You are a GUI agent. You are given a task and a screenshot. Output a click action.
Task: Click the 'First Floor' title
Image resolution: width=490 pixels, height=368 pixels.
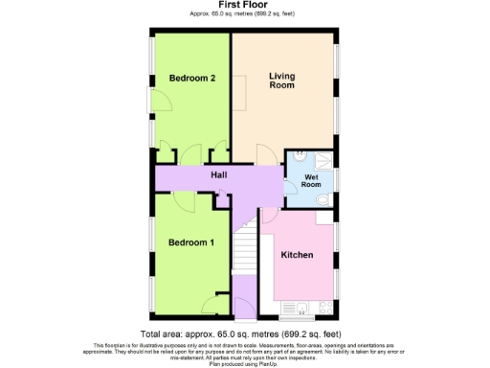coord(244,6)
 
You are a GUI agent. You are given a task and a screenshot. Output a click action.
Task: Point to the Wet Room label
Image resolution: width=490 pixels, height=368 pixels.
coord(310,180)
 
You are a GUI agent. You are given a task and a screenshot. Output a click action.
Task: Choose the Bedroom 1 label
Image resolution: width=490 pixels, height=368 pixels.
coord(190,242)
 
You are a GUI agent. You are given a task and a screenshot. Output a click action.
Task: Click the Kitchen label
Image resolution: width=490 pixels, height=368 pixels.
coord(298,256)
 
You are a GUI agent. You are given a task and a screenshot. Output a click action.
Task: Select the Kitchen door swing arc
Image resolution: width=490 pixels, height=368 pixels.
coord(272,216)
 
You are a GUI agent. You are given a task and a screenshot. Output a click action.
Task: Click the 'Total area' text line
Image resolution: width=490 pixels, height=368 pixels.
coord(244,333)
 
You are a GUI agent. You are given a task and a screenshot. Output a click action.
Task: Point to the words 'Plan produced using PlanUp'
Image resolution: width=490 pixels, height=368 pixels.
coord(244,364)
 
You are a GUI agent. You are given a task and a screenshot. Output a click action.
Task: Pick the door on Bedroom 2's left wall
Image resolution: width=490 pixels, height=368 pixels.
coord(152,99)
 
